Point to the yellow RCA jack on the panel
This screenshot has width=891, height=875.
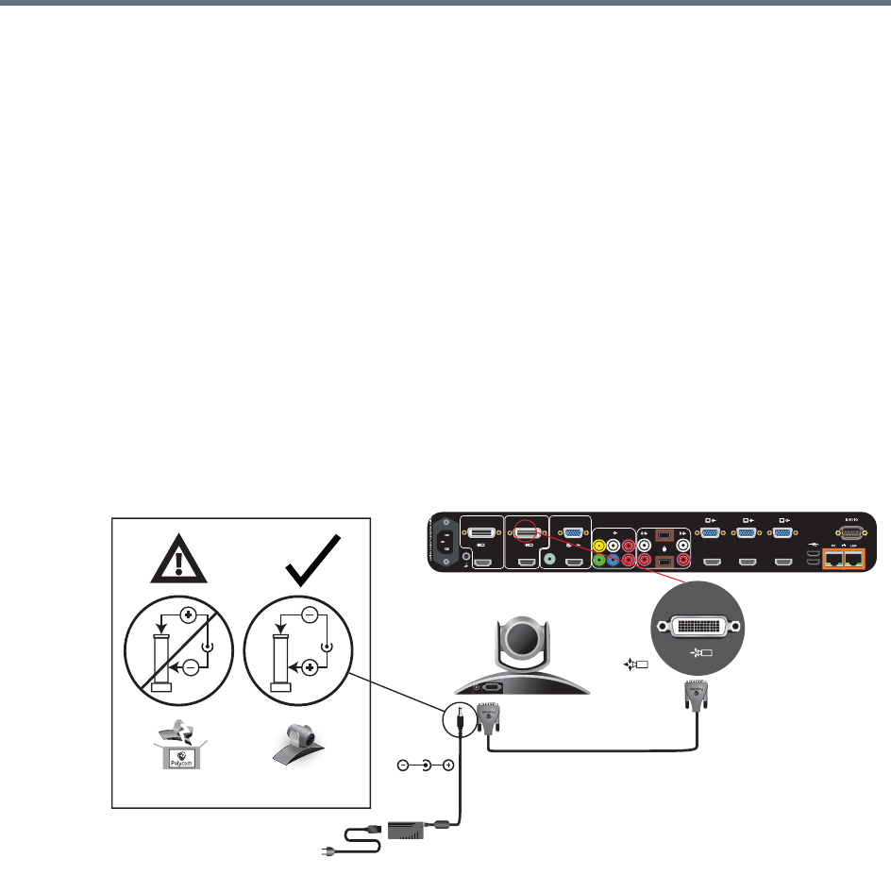click(598, 545)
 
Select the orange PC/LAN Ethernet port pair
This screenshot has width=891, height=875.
click(846, 559)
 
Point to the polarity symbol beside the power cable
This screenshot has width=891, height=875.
click(426, 766)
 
